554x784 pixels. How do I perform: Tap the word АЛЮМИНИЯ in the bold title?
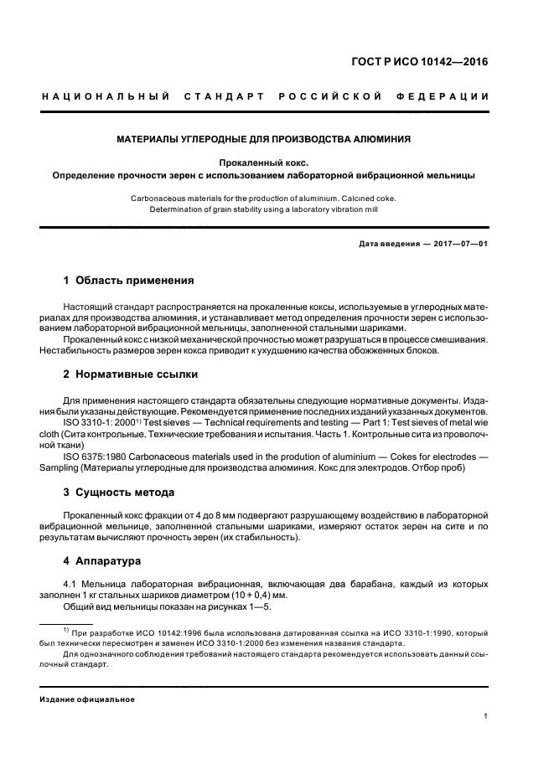(381, 137)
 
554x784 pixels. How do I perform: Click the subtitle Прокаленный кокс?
(263, 162)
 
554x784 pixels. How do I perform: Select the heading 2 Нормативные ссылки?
(131, 374)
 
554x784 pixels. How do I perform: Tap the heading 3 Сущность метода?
(119, 492)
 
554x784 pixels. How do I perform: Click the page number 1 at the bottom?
(486, 715)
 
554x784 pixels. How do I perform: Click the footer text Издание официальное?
(87, 699)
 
